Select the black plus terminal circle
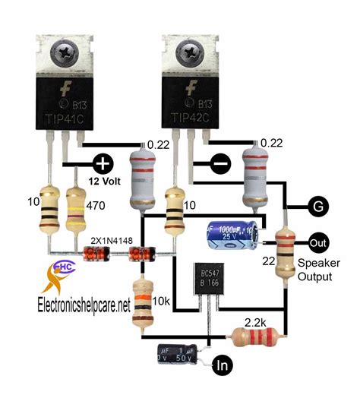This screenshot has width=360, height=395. tap(103, 163)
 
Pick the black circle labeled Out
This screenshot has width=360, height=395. tap(318, 242)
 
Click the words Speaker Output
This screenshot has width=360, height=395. tap(320, 270)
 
